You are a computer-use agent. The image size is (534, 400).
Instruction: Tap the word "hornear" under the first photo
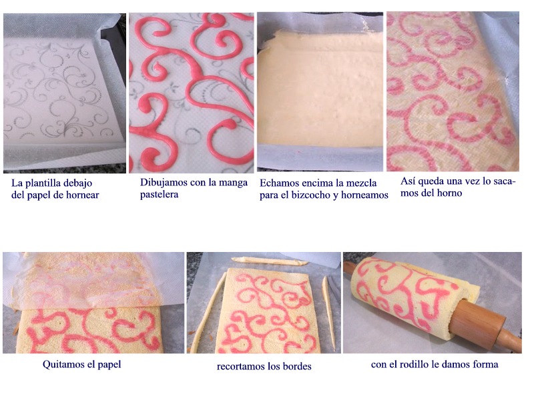(x=83, y=195)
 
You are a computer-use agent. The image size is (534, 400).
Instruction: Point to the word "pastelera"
(x=159, y=195)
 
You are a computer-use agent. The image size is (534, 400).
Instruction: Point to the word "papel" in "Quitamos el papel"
(x=109, y=365)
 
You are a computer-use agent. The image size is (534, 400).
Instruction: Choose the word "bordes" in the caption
(x=297, y=366)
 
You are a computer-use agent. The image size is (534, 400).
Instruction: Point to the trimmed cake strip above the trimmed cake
(x=270, y=261)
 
